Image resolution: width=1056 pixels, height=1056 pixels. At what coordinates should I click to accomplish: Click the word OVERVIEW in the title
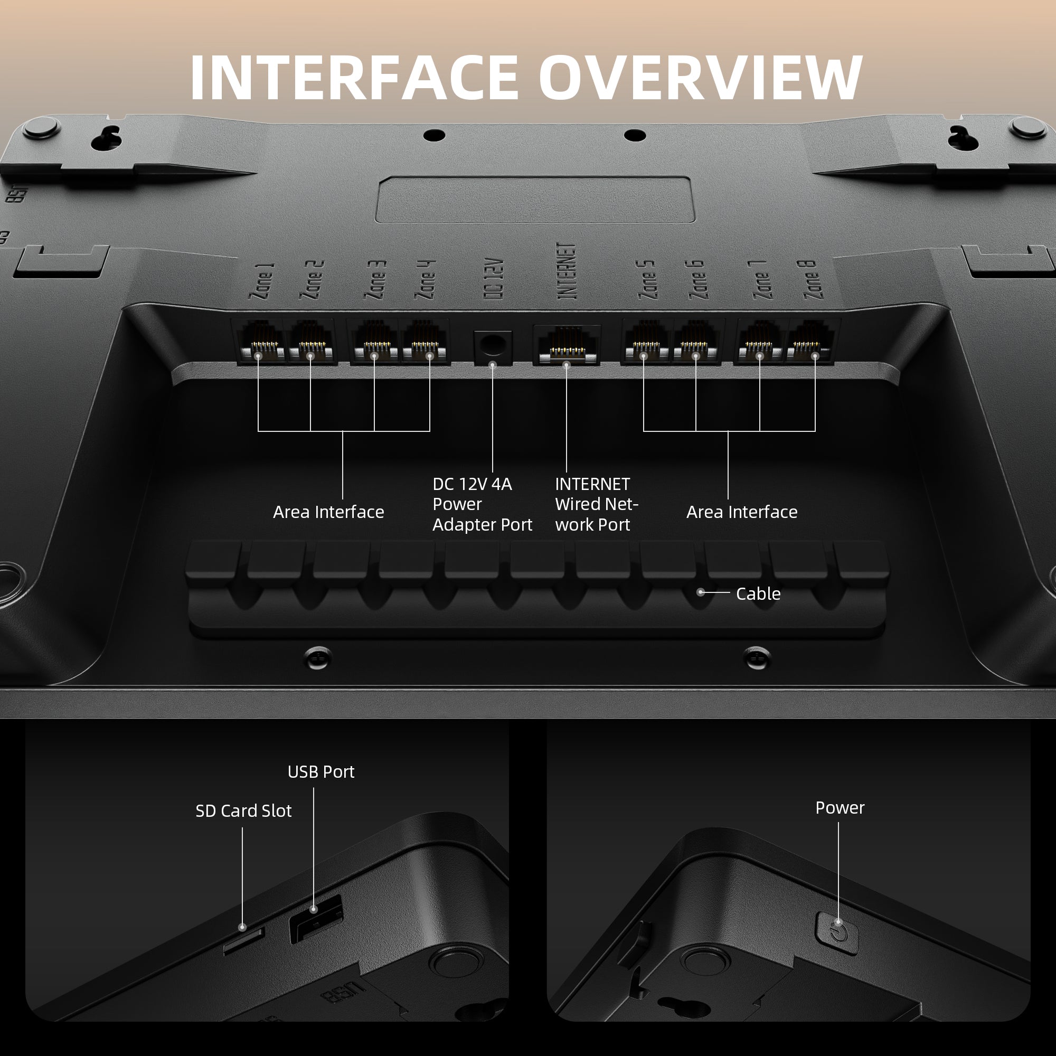coord(701,78)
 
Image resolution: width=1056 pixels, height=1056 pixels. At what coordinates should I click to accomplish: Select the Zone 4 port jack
coord(425,342)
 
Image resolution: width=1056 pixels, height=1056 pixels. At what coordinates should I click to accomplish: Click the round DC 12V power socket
coord(493,346)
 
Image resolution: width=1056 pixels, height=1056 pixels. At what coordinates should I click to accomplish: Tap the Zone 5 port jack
coord(647,342)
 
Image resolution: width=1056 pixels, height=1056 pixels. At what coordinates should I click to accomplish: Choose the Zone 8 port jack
coord(810,342)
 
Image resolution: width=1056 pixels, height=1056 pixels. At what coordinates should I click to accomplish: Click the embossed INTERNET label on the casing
coord(567,271)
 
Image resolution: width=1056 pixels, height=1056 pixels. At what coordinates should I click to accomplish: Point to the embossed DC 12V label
coord(493,279)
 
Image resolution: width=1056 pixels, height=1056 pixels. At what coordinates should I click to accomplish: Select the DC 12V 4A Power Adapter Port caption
coord(482,504)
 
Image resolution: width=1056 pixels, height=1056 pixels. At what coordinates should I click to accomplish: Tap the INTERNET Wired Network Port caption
coord(596,504)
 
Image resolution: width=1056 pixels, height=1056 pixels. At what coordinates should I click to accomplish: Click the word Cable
coord(758,593)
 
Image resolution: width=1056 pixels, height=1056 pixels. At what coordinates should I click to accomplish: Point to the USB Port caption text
coord(321,772)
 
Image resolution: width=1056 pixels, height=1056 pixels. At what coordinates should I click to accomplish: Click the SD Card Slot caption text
coord(243,810)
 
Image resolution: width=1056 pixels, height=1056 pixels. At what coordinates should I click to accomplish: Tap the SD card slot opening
coord(244,941)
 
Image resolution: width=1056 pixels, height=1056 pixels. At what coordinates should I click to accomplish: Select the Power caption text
coord(840,808)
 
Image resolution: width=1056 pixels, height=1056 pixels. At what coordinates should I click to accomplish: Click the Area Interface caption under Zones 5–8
coord(742,512)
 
